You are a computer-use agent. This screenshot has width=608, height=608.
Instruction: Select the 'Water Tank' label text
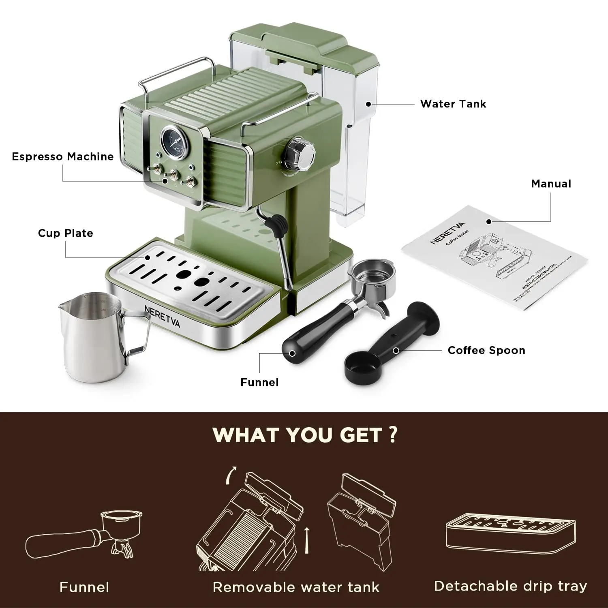click(x=453, y=104)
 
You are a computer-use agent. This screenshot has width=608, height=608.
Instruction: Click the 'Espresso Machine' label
click(x=63, y=156)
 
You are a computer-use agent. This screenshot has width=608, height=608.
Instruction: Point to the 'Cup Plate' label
click(x=65, y=233)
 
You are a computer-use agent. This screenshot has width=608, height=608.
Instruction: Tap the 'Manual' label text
click(x=551, y=184)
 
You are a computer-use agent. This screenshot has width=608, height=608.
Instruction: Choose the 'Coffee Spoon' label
click(x=486, y=350)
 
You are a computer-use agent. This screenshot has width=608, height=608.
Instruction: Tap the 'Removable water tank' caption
click(x=296, y=587)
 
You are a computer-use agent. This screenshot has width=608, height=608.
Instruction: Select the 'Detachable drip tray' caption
click(x=510, y=586)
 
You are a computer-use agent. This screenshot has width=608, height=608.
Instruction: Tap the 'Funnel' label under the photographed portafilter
click(x=259, y=382)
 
